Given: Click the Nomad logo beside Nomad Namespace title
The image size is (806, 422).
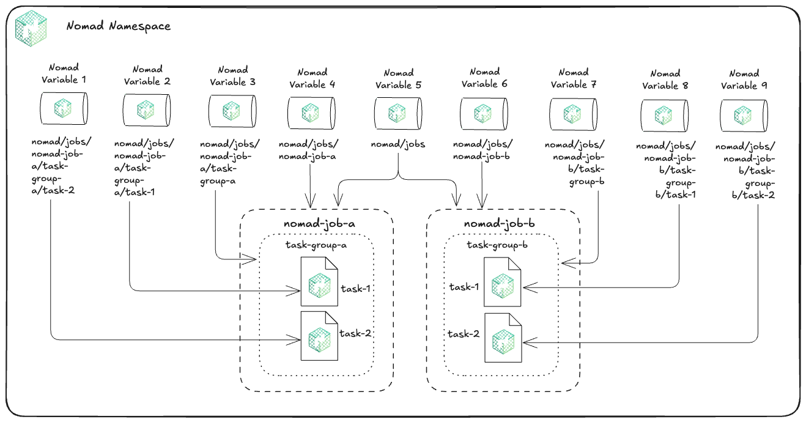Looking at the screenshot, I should (x=31, y=28).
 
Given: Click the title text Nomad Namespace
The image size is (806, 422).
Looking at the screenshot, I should (x=118, y=26).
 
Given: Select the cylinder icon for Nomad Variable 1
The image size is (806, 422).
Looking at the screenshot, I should (x=64, y=108).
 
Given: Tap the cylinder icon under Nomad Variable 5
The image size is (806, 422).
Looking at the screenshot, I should (x=398, y=113).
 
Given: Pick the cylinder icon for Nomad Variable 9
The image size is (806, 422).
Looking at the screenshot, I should (x=744, y=115).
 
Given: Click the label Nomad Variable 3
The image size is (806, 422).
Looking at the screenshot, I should (x=232, y=76).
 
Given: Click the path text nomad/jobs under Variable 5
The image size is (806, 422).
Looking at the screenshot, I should (x=398, y=144).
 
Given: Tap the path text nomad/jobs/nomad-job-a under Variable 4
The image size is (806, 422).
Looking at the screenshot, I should (x=310, y=150).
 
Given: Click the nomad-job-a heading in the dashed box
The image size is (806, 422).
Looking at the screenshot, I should (x=316, y=224).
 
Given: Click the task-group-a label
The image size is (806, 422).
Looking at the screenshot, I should (x=316, y=245).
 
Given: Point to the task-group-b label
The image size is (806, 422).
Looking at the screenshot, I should (x=497, y=245).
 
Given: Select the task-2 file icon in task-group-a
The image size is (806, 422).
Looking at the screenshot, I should (x=319, y=335).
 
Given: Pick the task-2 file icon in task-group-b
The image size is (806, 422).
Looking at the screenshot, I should (x=502, y=336).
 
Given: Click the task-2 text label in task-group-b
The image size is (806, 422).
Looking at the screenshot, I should (x=464, y=334).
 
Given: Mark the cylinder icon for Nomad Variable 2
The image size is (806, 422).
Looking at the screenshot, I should (x=146, y=109).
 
